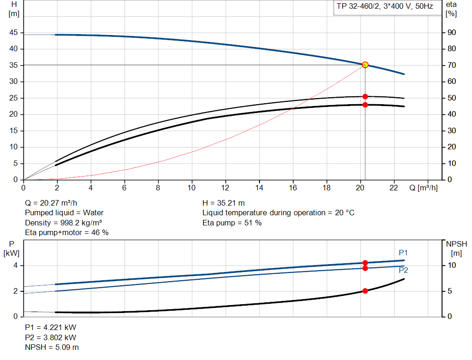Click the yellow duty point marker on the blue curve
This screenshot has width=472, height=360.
pyautogui.click(x=365, y=65)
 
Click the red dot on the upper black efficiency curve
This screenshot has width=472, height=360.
pyautogui.click(x=365, y=96)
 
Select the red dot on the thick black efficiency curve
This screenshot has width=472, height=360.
pyautogui.click(x=365, y=105)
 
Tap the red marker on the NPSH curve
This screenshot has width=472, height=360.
pyautogui.click(x=365, y=291)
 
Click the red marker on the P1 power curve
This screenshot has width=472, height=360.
pyautogui.click(x=365, y=263)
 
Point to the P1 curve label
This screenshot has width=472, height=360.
pyautogui.click(x=403, y=253)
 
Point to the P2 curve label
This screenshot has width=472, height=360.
pyautogui.click(x=403, y=270)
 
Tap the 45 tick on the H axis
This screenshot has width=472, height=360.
pyautogui.click(x=13, y=33)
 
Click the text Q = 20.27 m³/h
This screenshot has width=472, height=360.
pyautogui.click(x=54, y=203)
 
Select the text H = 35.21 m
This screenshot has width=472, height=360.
pyautogui.click(x=224, y=203)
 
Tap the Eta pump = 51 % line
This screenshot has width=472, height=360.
pyautogui.click(x=232, y=223)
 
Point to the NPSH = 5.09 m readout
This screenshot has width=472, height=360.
pyautogui.click(x=52, y=347)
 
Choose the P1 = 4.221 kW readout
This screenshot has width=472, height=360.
pyautogui.click(x=50, y=327)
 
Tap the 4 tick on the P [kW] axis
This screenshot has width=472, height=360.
pyautogui.click(x=15, y=266)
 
